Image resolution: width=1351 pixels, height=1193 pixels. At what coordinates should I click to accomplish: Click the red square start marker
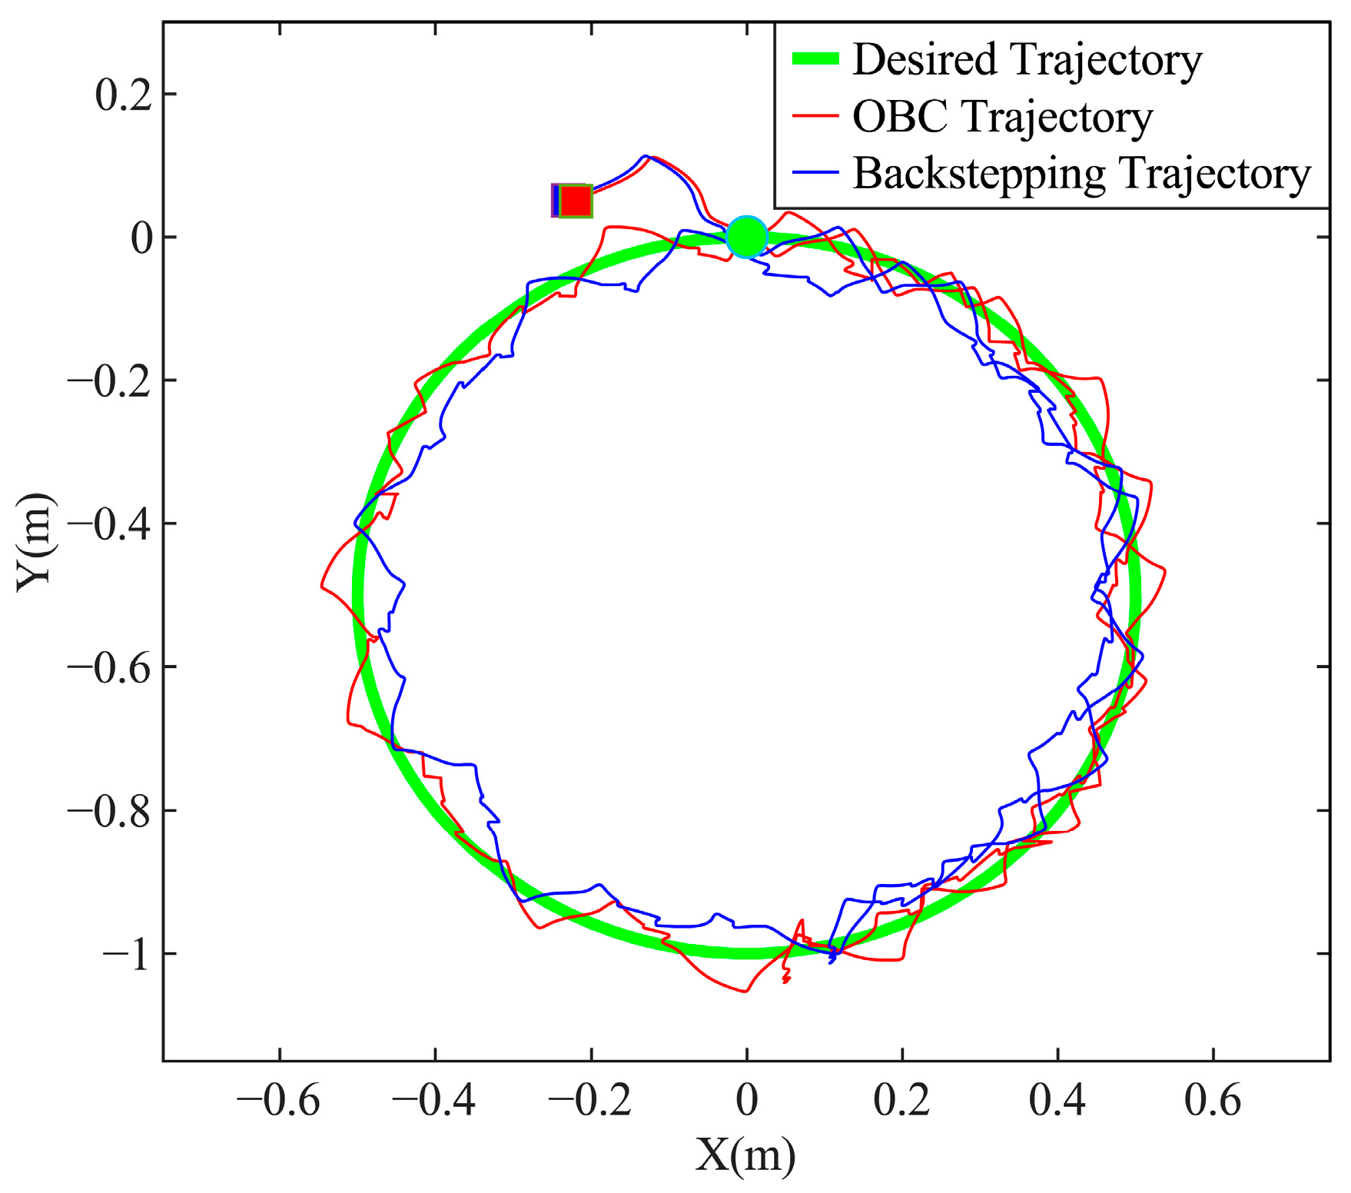click(575, 201)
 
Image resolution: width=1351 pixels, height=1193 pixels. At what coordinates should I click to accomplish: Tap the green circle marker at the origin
click(746, 237)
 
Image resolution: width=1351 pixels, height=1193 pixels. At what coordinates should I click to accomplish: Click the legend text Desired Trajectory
click(1027, 59)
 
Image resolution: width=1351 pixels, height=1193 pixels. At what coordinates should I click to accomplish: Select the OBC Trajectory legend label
click(1002, 117)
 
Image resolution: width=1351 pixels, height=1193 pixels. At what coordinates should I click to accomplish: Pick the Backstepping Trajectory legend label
click(1081, 174)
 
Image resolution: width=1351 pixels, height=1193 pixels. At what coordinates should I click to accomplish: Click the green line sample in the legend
click(815, 59)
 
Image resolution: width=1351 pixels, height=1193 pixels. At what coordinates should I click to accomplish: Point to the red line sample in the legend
click(815, 117)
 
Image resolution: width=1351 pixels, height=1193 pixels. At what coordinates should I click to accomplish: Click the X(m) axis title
click(745, 1155)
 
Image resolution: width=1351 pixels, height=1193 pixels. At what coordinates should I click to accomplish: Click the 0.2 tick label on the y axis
click(123, 95)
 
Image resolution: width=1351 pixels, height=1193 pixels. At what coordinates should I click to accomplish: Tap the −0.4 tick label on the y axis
click(110, 525)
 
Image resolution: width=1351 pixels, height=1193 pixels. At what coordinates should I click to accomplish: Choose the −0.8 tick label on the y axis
click(110, 812)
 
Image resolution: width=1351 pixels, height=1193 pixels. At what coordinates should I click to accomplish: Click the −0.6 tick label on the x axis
click(279, 1101)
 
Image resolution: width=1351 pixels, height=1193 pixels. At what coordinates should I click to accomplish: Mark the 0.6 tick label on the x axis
click(1213, 1101)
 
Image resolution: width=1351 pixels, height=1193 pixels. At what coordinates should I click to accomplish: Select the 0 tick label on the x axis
click(746, 1101)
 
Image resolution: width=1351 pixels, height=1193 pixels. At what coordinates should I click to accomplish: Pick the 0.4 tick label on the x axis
click(1057, 1101)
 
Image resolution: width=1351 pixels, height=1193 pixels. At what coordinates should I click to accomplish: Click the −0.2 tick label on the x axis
click(590, 1101)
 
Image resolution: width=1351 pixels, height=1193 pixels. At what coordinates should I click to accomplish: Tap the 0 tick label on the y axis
click(142, 238)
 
